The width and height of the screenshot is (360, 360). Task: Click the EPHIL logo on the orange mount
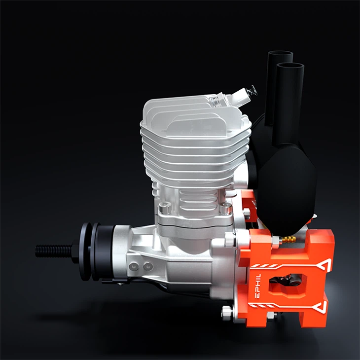258,286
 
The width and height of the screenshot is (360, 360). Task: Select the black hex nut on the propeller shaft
76,251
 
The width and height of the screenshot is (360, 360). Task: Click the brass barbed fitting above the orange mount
288,240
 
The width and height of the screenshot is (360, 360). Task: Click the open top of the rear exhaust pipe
280,55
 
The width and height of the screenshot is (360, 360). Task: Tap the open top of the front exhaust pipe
290,67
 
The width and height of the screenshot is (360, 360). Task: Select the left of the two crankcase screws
133,266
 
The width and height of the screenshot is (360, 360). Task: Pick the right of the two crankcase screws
148,266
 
